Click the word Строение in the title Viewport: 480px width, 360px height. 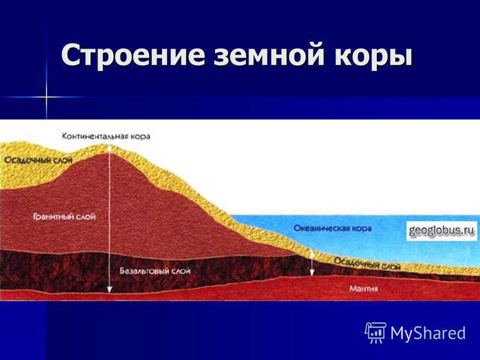pyautogui.click(x=133, y=55)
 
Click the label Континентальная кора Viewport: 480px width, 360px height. pyautogui.click(x=106, y=136)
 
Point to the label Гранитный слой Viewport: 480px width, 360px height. pyautogui.click(x=64, y=217)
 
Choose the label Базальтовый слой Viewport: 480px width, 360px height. pyautogui.click(x=155, y=271)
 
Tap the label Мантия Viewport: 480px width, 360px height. pyautogui.click(x=364, y=289)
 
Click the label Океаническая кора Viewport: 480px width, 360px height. pyautogui.click(x=332, y=229)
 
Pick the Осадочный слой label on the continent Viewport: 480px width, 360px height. pyautogui.click(x=38, y=160)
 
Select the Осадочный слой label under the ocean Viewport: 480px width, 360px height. pyautogui.click(x=367, y=263)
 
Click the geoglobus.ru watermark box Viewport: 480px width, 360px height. pyautogui.click(x=442, y=230)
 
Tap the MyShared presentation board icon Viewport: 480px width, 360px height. pyautogui.click(x=376, y=332)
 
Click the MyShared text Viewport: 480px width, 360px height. pyautogui.click(x=428, y=333)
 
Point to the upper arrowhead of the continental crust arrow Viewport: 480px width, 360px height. pyautogui.click(x=110, y=148)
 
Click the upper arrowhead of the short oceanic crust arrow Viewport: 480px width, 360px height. pyautogui.click(x=312, y=253)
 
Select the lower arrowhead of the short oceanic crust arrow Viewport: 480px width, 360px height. pyautogui.click(x=312, y=273)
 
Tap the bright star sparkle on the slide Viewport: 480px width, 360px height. pyautogui.click(x=47, y=97)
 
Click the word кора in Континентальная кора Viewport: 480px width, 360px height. pyautogui.click(x=140, y=136)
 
